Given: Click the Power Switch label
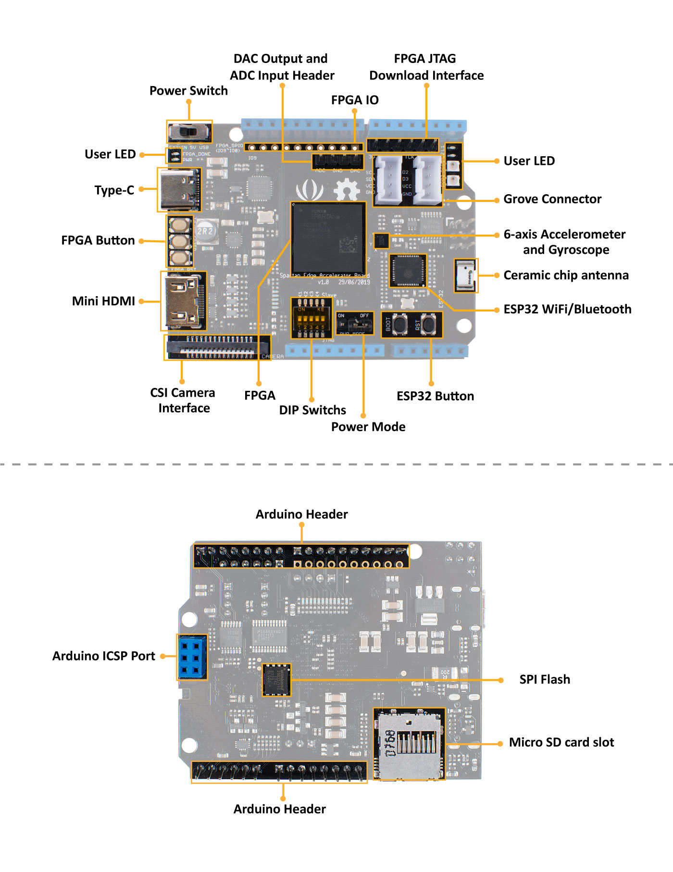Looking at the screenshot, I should pos(188,91).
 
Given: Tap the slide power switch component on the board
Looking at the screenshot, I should pos(189,131).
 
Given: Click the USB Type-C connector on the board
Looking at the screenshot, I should pos(179,189).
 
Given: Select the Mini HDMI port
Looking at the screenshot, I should pos(183,301).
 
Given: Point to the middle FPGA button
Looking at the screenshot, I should pos(180,240).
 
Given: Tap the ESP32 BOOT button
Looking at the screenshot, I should pos(400,324).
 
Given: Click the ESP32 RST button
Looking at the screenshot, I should pos(428,324).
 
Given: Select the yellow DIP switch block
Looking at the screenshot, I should pos(311,318).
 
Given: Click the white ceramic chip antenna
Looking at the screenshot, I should pos(465,275).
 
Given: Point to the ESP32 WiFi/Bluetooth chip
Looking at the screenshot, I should pos(408,270).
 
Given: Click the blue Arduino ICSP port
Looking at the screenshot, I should pos(192,657).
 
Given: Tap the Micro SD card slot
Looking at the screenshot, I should pos(409,744).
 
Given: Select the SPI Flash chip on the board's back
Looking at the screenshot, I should pos(276,680).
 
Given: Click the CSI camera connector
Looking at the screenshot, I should pos(217,347).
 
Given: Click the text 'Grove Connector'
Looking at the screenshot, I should pos(552,199).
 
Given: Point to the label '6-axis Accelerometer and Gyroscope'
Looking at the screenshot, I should pos(565,242).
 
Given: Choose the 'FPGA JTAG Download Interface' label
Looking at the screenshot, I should pos(426,67).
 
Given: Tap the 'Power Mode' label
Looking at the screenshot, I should pos(368,427).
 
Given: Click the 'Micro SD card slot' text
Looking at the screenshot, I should pos(561,743).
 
